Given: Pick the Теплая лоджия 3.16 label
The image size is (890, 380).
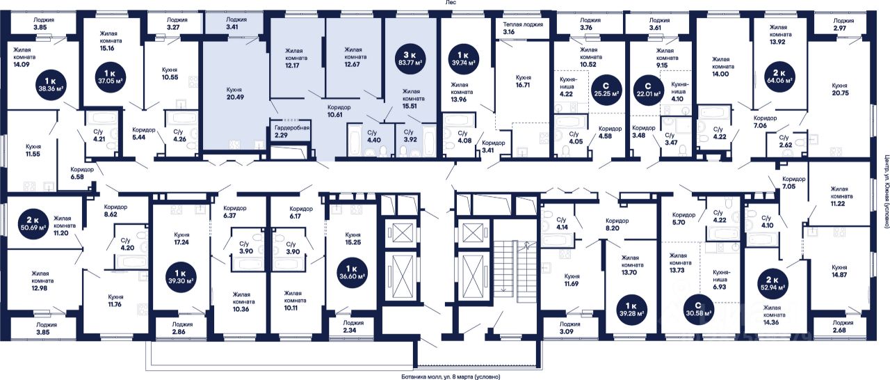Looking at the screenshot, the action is click(523, 28).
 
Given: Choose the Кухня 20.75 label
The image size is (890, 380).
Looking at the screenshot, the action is click(839, 90).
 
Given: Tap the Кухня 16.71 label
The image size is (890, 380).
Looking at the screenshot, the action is click(524, 81).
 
